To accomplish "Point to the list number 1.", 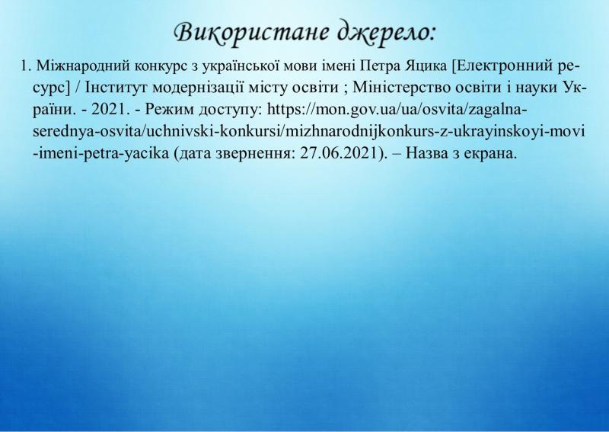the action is tap(25, 66).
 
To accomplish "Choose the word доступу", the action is tap(231, 110).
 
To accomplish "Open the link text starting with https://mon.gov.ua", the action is tap(309, 131).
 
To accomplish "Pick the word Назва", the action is tap(426, 153).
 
